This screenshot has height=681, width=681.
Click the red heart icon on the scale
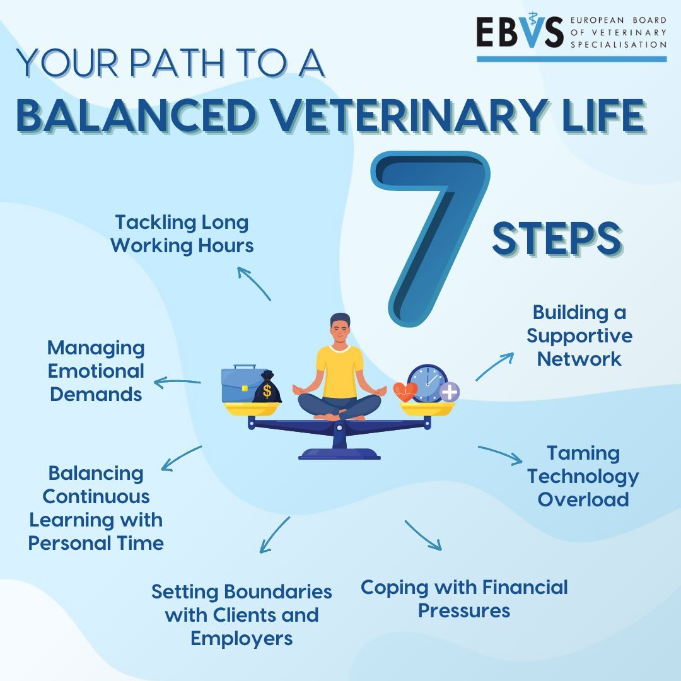pos(405,391)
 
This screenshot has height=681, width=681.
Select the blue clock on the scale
pos(427,383)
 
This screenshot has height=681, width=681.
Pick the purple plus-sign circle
pos(449,392)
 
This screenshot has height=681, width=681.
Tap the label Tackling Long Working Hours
pos(182,233)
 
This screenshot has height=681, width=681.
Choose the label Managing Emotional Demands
pos(96,371)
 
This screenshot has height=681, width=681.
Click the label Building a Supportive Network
pos(579,335)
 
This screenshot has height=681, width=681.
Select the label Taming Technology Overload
pos(583,476)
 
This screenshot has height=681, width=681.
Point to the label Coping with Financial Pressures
pos(464,599)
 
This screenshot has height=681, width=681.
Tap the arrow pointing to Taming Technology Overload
pos(500,454)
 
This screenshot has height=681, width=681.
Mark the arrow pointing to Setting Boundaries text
pos(274,535)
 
